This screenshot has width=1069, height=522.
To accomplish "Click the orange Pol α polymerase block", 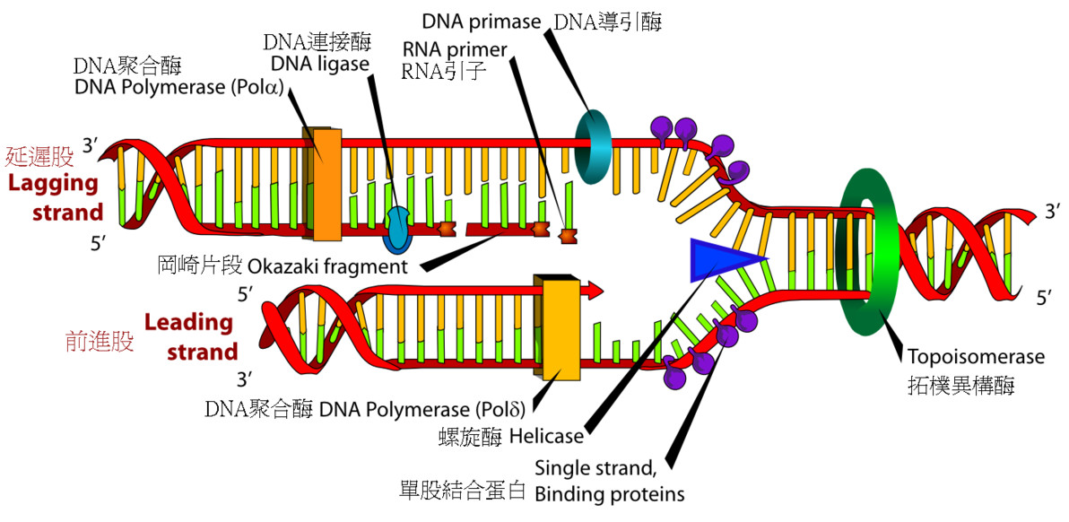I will [x=322, y=183].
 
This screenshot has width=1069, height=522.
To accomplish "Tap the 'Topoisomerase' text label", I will [x=976, y=356].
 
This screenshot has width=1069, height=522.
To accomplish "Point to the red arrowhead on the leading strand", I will [x=595, y=291].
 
